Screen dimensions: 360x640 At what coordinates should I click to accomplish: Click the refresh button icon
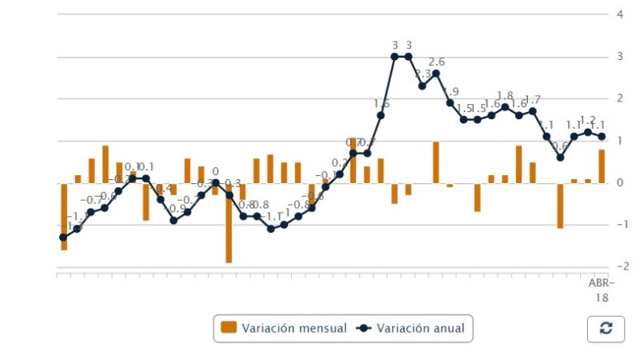[606, 328]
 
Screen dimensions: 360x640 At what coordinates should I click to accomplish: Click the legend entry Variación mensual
[283, 328]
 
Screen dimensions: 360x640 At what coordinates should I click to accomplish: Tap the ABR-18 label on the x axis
[601, 290]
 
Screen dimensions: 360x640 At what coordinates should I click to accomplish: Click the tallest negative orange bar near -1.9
[229, 223]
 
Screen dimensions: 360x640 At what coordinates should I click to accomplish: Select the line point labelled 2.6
[436, 73]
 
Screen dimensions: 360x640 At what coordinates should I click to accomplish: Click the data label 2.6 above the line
[437, 62]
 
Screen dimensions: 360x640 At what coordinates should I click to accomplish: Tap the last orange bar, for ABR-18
[602, 166]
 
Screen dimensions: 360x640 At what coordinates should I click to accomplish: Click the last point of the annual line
[602, 136]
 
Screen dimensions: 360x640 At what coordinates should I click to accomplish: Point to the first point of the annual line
[63, 238]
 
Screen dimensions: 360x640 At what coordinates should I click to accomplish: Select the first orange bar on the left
[63, 217]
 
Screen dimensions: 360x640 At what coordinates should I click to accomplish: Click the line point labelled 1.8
[505, 106]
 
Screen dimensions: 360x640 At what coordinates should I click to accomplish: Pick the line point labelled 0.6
[560, 158]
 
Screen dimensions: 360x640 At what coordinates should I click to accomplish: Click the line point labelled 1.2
[588, 132]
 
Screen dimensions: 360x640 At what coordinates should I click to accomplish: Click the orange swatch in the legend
[229, 328]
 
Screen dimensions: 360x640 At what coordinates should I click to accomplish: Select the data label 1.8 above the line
[505, 95]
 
